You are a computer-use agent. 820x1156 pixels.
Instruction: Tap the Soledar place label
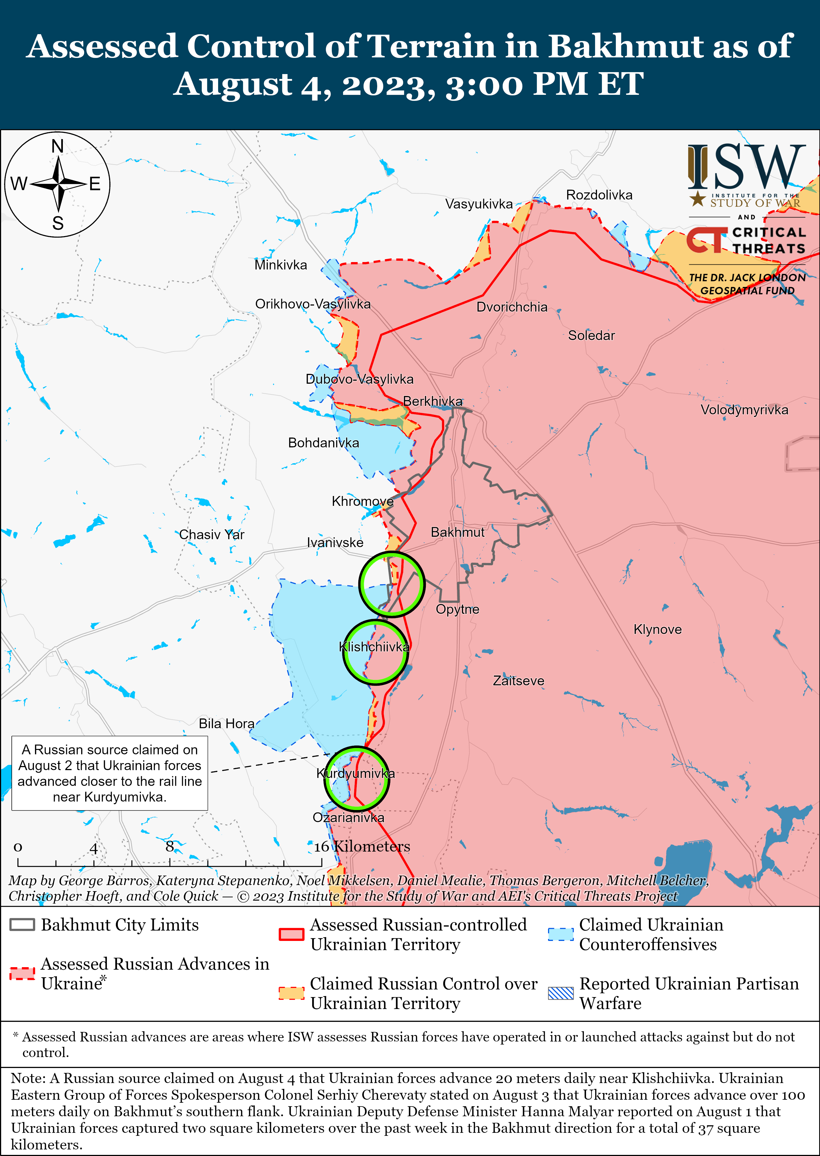(591, 335)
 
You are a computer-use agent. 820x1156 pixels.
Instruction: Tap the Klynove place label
(657, 629)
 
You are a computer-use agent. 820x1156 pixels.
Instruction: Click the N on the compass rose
(58, 146)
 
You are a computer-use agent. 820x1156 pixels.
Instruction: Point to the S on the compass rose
(58, 223)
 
